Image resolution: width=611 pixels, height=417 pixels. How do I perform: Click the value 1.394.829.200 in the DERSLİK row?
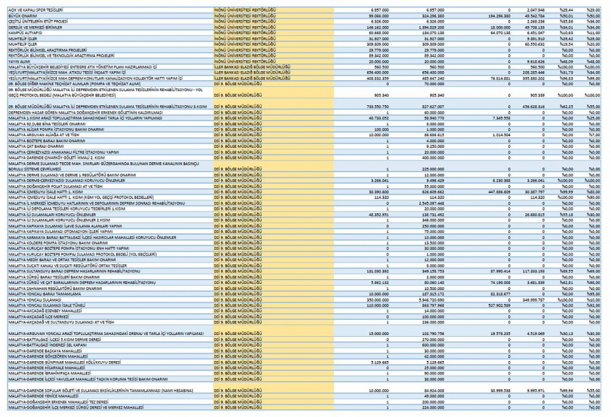pos(431,27)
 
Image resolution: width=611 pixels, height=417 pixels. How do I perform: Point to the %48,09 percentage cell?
pos(566,61)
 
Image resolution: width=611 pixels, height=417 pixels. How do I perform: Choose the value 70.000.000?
pos(434,84)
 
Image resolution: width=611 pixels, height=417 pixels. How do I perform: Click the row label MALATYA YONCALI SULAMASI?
pos(35,300)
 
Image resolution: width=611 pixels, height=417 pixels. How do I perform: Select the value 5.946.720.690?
pos(431,300)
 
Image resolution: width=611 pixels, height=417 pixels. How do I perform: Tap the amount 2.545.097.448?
pos(431,203)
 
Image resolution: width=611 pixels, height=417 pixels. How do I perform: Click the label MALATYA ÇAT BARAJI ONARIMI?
pos(36,146)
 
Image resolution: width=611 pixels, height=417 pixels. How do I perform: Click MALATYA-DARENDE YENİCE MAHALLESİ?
pos(43,396)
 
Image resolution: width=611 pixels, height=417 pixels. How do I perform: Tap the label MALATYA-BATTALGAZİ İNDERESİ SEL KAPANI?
pos(48,345)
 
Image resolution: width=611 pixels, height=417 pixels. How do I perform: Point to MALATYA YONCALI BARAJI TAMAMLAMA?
pos(45,294)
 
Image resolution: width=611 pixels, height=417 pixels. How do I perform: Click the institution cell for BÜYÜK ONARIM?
pos(245,16)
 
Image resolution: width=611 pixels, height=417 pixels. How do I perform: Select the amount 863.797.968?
pos(432,306)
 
